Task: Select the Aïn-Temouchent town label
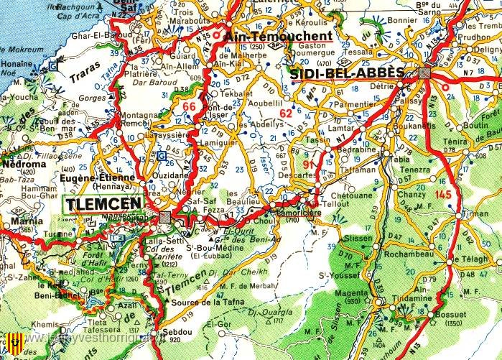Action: (x=278, y=35)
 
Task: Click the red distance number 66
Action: (x=189, y=107)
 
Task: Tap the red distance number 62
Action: (x=286, y=112)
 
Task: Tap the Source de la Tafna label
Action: (x=208, y=305)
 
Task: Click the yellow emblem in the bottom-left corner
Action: (x=13, y=343)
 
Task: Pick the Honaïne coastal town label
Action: (x=17, y=64)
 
